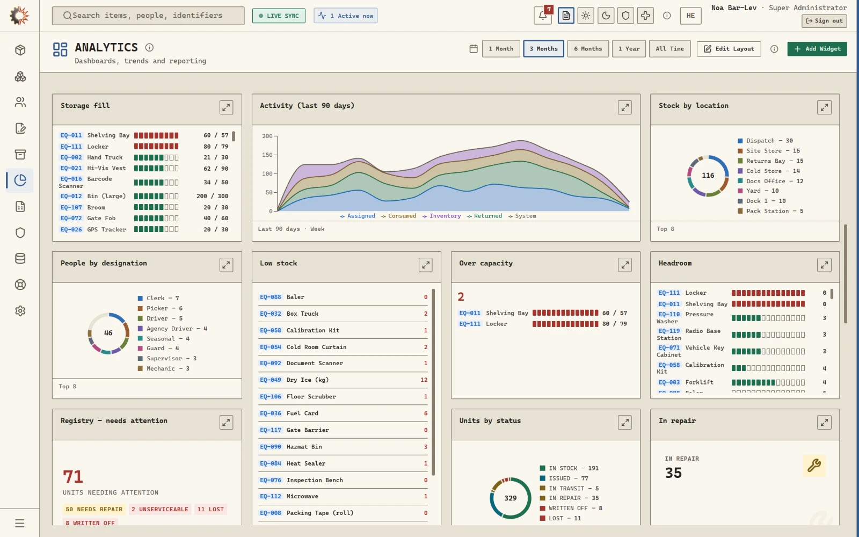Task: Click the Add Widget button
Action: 817,49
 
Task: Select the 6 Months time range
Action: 587,49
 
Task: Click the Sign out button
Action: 824,21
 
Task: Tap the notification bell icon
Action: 543,16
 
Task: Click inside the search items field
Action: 148,16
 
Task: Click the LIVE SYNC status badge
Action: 279,16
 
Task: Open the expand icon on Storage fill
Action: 226,107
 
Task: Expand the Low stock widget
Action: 425,265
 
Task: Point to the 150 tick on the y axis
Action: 267,155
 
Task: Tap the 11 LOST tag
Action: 210,510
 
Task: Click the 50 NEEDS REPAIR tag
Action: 94,510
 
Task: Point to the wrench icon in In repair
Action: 814,465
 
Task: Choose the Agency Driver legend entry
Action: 172,329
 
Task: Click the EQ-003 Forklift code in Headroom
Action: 669,382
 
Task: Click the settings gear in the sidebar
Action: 20,311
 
